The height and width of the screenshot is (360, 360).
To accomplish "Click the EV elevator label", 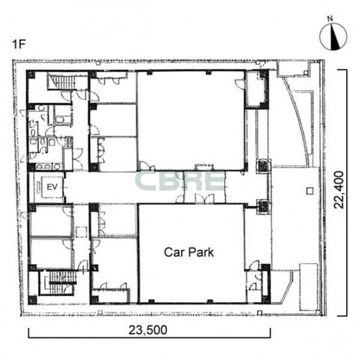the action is click(x=52, y=187).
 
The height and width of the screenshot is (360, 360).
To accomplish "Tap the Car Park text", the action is click(x=189, y=252).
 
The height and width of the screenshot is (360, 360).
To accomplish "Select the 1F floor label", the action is click(x=19, y=44).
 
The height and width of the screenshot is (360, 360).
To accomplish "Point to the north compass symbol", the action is click(x=333, y=37).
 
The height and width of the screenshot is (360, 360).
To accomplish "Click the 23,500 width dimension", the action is click(x=148, y=330).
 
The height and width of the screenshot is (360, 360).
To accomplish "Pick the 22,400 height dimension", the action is click(x=339, y=190).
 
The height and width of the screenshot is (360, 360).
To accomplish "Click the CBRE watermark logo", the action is click(x=179, y=181).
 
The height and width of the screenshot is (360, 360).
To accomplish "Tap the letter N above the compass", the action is click(x=330, y=19).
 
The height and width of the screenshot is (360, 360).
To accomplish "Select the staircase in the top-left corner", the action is click(x=62, y=81).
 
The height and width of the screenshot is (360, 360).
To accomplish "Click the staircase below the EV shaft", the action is click(x=58, y=283).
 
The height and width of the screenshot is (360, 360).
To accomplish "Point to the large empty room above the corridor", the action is click(x=191, y=120).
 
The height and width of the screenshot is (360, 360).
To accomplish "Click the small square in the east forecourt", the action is click(x=310, y=191).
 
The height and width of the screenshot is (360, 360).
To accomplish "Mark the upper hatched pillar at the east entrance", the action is click(x=263, y=165).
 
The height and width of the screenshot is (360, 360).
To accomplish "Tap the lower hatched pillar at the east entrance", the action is click(x=263, y=206).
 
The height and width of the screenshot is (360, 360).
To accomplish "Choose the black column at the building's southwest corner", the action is click(x=32, y=300).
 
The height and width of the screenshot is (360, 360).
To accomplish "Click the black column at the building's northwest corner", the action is click(x=31, y=75).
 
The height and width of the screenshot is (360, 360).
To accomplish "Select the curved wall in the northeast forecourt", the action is click(x=297, y=119).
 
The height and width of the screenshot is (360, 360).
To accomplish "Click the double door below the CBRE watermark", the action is click(x=204, y=199).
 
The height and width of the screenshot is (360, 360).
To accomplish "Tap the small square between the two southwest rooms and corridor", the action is click(x=81, y=232).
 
